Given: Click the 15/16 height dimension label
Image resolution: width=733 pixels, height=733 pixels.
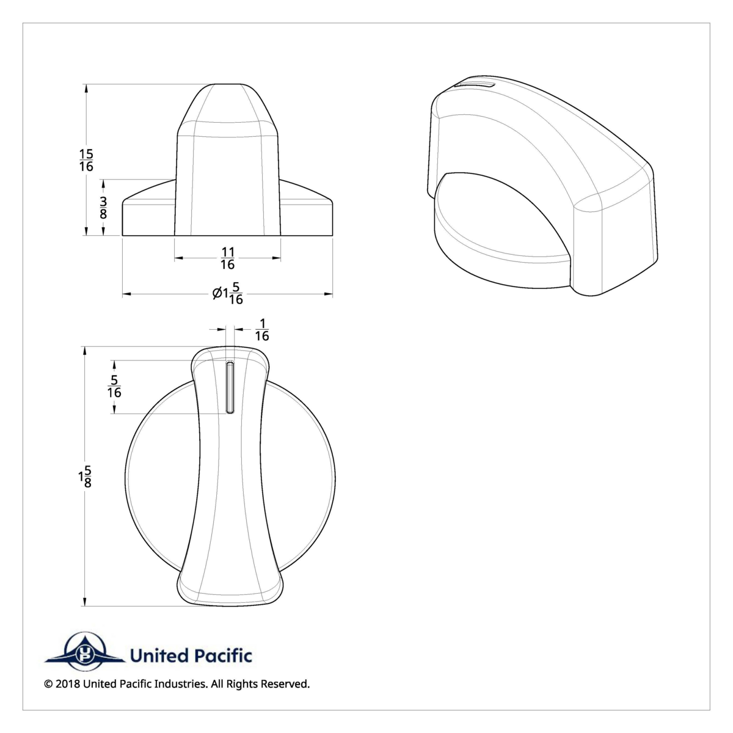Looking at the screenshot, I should coord(86,160).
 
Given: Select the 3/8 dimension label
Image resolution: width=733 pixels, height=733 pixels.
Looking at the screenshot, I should coord(104,208).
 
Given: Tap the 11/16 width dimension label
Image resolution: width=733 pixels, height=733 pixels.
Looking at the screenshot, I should coord(228,258).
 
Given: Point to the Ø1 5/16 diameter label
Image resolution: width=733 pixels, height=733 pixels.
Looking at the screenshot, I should coord(228,295).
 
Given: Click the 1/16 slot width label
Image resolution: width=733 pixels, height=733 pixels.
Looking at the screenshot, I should coord(261,330).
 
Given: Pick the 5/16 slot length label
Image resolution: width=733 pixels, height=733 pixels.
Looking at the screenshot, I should coord(114,387).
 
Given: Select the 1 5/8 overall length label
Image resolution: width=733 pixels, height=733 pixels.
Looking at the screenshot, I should coord(84,476).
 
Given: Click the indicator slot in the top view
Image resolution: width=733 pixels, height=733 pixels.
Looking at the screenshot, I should coord(230,387).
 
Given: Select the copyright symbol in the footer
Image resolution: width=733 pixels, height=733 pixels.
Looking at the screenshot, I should coord(48,684).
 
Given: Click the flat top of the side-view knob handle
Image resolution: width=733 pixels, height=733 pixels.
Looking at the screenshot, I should coord(228,85).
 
